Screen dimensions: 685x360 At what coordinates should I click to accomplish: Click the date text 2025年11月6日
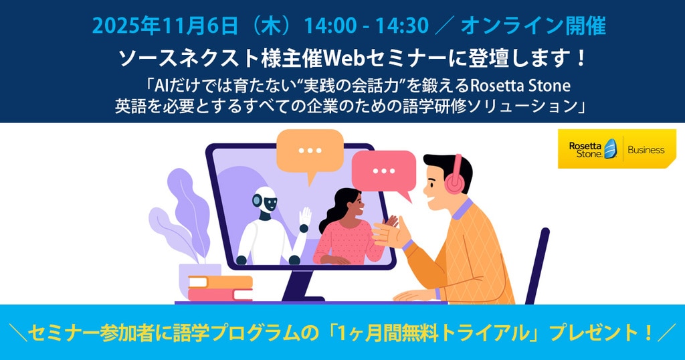click(165, 26)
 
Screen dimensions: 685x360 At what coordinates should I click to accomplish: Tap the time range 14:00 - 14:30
click(366, 26)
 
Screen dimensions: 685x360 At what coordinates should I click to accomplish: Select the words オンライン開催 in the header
click(533, 26)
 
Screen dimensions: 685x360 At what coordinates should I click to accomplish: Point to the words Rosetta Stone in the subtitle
click(520, 85)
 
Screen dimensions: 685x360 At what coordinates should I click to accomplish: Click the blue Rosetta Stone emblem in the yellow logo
click(610, 149)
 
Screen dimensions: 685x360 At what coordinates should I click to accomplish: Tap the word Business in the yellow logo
click(646, 150)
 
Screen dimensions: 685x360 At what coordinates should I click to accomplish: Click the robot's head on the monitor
click(265, 201)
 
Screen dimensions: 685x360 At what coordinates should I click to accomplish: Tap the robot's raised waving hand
click(304, 217)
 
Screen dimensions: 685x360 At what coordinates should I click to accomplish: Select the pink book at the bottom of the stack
click(220, 295)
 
